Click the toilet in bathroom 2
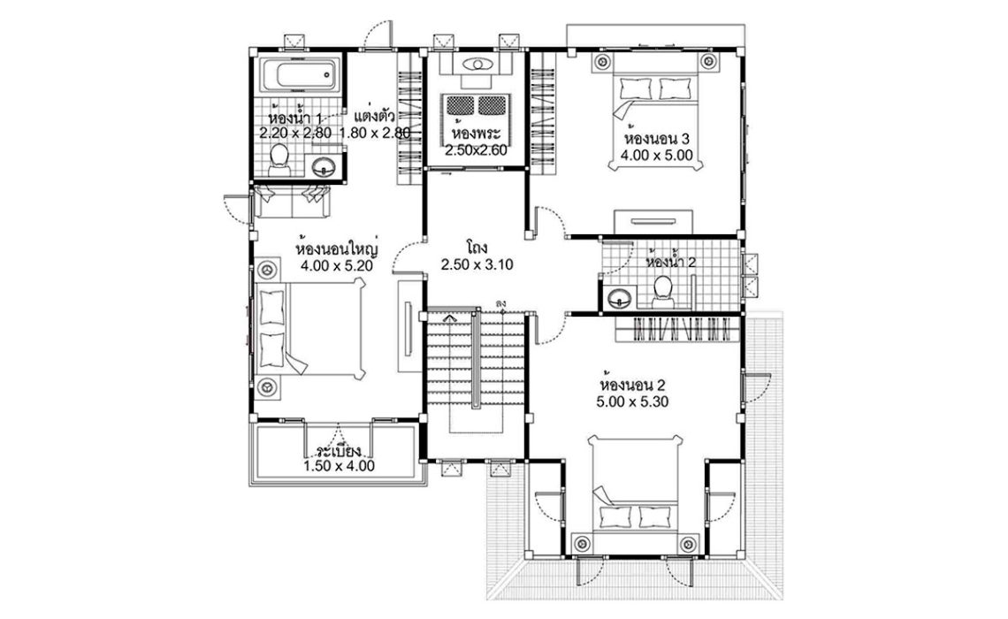click(661, 289)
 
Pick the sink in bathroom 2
click(617, 297)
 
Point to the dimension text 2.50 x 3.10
click(477, 264)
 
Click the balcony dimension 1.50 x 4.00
click(339, 466)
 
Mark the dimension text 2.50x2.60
click(476, 150)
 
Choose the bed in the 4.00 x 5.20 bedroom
click(311, 328)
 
